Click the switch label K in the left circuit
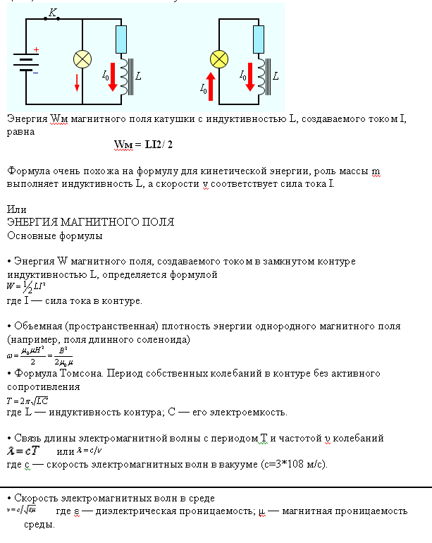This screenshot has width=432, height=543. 52,12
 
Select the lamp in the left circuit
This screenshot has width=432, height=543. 82,59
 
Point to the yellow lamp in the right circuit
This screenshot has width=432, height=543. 219,59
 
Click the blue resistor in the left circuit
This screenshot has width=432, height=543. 121,37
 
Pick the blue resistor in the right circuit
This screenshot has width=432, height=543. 259,37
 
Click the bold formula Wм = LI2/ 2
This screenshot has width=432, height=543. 143,145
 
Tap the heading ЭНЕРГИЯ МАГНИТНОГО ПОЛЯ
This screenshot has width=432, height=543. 90,222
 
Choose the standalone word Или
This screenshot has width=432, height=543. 16,209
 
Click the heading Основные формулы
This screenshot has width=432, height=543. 54,235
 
